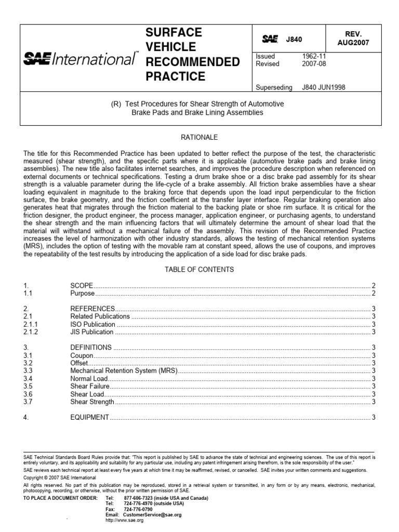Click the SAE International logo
click(81, 59)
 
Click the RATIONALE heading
click(199, 137)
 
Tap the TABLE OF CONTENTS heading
click(199, 270)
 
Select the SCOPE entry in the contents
click(82, 286)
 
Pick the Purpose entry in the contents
click(82, 294)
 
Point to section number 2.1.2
click(31, 332)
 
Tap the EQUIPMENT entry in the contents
click(89, 417)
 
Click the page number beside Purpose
click(374, 294)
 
